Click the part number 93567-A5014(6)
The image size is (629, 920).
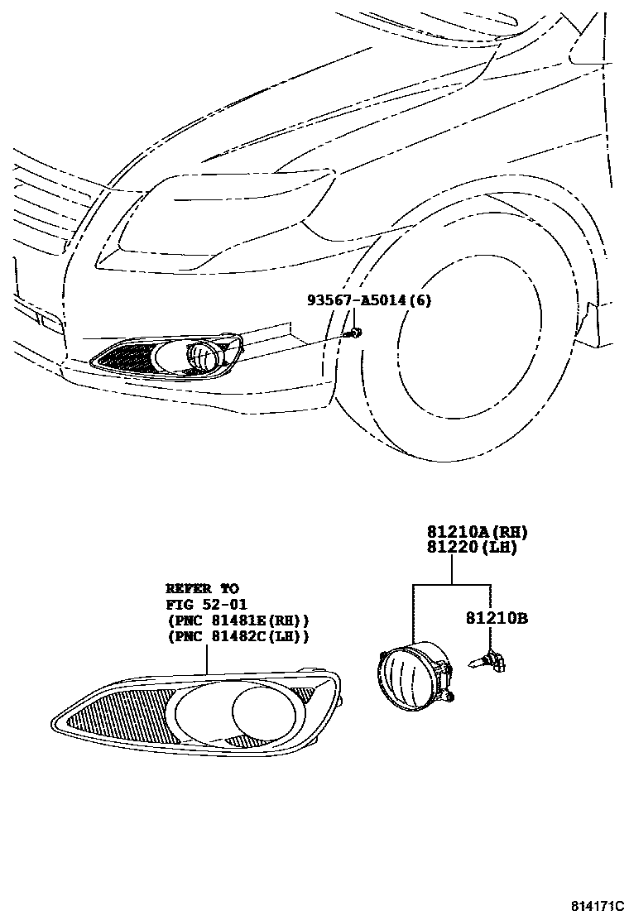coord(369,301)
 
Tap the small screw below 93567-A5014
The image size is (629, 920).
coord(355,332)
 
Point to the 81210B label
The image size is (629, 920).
coord(496,617)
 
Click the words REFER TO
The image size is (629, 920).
coord(202,588)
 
